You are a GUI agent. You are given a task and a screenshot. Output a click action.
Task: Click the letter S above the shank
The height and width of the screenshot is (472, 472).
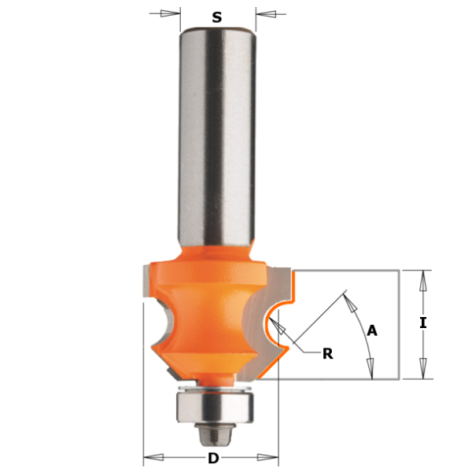(217, 17)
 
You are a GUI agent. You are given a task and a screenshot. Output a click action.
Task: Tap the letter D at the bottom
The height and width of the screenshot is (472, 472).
(213, 459)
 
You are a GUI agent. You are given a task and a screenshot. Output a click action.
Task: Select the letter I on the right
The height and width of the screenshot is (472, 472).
(423, 323)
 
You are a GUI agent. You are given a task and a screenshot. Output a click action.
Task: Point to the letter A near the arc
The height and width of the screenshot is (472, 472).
(372, 331)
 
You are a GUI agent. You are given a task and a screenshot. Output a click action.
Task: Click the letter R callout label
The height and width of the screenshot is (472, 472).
(328, 354)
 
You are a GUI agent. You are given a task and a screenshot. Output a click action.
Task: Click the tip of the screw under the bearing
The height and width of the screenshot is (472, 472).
(214, 445)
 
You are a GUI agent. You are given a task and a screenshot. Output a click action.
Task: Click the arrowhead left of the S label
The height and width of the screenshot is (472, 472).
(171, 13)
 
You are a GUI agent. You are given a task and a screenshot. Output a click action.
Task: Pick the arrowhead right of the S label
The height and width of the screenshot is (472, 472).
(266, 14)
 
